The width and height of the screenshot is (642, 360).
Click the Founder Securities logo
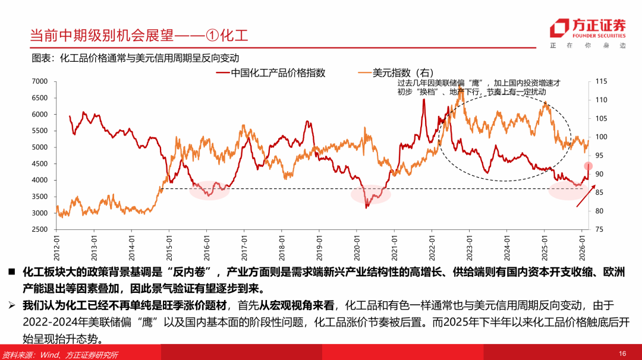(588, 28)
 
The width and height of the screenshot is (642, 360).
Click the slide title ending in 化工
(139, 35)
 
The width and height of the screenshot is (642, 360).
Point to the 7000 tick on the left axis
(40, 81)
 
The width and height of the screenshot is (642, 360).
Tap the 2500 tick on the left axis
(40, 229)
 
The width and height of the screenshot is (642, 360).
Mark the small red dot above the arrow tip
(588, 166)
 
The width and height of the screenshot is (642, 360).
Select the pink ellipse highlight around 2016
(210, 190)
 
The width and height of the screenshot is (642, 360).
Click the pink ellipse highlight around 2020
(370, 194)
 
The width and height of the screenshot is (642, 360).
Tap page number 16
(622, 353)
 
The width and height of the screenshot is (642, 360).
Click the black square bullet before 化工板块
(11, 272)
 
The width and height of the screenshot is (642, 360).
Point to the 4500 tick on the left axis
(40, 163)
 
